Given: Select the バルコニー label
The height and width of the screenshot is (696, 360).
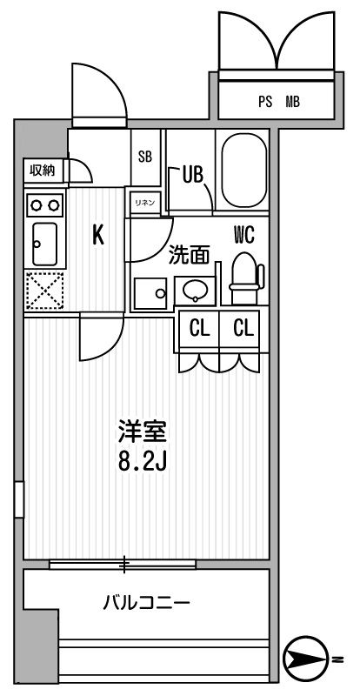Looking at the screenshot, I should (147, 602).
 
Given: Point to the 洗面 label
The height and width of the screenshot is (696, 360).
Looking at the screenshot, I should (189, 255).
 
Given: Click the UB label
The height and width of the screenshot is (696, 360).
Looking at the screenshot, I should (192, 174).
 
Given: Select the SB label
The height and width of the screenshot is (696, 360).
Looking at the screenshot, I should (145, 157).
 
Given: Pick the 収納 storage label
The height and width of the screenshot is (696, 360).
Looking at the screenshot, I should (42, 171).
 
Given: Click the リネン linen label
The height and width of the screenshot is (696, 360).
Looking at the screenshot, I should (143, 203).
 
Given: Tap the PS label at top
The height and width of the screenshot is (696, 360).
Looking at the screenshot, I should (264, 102).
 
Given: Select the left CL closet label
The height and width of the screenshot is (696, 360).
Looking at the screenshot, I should (199, 329).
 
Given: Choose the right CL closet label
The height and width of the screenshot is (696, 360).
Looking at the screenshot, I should (242, 329).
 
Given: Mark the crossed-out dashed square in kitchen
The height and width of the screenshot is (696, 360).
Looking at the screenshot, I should (42, 291).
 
